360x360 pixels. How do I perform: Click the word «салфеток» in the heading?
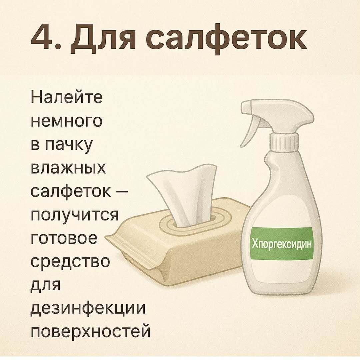coord(226,39)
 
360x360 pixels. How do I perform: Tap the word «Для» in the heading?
coord(103,39)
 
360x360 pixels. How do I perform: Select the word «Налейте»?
coord(66,97)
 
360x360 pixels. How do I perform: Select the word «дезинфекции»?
coord(88,308)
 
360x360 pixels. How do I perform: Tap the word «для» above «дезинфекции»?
coord(45,285)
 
